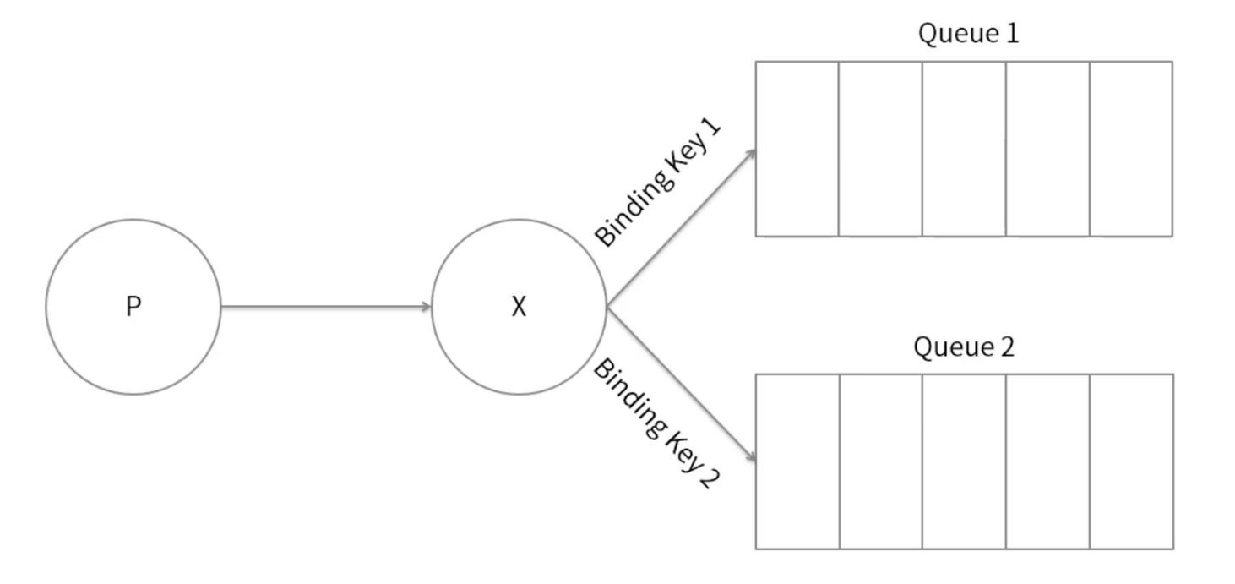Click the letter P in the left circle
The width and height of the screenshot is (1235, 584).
coord(133,306)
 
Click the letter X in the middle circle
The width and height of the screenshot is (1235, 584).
coord(519,307)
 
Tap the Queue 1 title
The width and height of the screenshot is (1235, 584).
coord(968,34)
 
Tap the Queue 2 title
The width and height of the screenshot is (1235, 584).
coord(964,347)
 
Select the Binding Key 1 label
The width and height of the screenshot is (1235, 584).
coord(658,183)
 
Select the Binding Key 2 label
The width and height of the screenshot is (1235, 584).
coord(656,423)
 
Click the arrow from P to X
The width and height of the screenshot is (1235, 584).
coord(326,307)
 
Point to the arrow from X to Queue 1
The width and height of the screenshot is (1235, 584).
coord(682,227)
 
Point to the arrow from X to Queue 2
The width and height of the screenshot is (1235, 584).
coord(682,385)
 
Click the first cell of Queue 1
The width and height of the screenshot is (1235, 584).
coord(797,149)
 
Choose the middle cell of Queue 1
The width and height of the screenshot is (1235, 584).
coord(965,149)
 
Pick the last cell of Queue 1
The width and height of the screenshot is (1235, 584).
coord(1131,149)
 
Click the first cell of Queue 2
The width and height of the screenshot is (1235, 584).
coord(797,461)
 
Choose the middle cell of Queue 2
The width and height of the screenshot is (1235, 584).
coord(965,461)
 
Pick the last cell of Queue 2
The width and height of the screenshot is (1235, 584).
coord(1132,461)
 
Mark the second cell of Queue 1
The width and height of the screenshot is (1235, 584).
coord(880,149)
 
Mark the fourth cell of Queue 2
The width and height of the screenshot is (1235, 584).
coord(1048,461)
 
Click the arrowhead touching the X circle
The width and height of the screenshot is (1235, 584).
coord(427,307)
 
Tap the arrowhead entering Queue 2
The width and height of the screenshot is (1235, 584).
coord(751,456)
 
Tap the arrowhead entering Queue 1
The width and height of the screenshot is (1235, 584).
coord(752,154)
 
